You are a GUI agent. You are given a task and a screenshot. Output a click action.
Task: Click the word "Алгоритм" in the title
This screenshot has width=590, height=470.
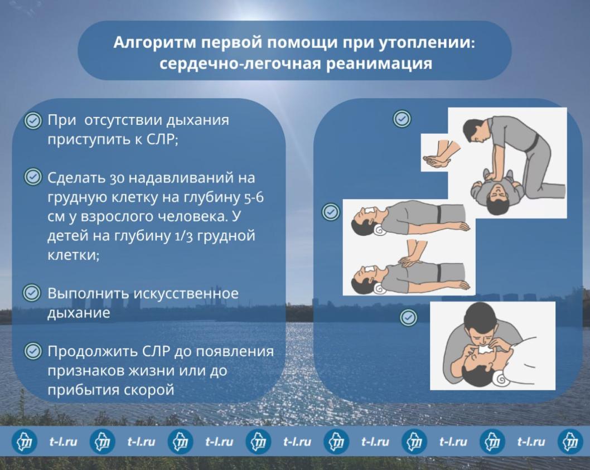point(154,43)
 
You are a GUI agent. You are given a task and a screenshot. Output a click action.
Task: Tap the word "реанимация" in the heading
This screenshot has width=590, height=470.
point(379,63)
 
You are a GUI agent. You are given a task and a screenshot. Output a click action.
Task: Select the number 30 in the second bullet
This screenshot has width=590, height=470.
point(117,178)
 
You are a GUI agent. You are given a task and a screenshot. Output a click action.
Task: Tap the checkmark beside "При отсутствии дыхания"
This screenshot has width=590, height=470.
point(33,121)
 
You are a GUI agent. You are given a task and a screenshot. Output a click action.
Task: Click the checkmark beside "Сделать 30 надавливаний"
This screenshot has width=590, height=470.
point(33,177)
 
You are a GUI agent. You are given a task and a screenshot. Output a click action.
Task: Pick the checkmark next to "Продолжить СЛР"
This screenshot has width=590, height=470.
point(33,351)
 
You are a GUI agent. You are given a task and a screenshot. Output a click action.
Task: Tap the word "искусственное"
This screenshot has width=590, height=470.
point(186,293)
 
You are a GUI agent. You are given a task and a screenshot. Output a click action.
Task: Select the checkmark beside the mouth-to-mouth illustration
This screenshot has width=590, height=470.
point(408,318)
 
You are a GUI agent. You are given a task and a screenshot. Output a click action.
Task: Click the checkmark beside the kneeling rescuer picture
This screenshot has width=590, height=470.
point(402,119)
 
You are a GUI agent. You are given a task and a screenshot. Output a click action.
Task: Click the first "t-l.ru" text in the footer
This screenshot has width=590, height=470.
point(63,442)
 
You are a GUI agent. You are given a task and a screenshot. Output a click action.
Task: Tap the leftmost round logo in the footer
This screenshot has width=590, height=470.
point(25,441)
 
